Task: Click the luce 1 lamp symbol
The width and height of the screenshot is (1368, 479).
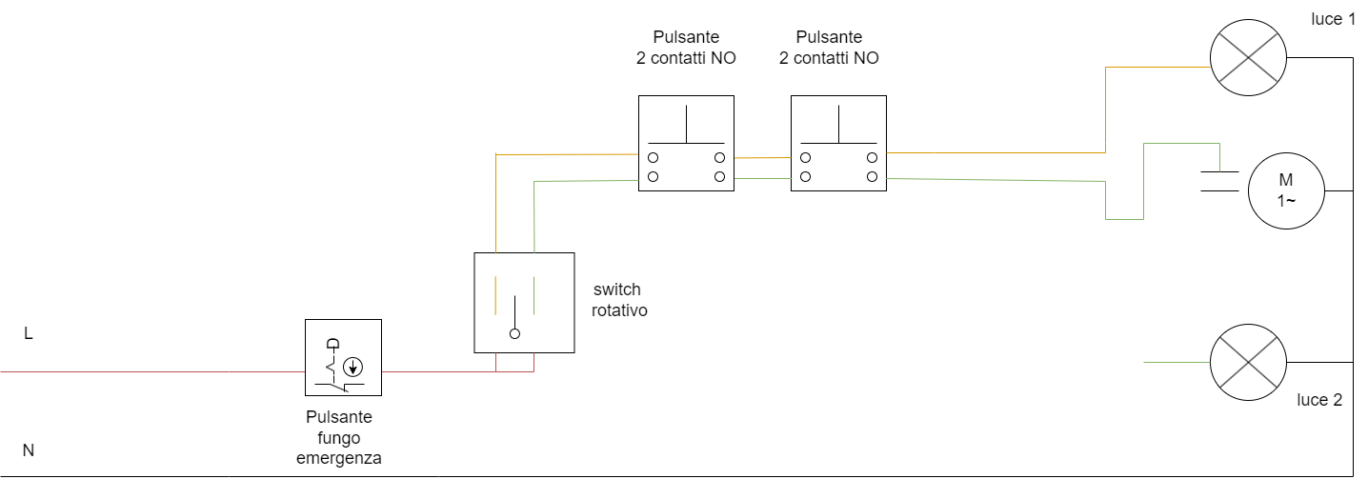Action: pyautogui.click(x=1248, y=57)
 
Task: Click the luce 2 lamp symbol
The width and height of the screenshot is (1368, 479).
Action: pyautogui.click(x=1248, y=363)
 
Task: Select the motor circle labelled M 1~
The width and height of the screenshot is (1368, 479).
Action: pyautogui.click(x=1286, y=190)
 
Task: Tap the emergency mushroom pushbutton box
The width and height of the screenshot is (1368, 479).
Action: pyautogui.click(x=343, y=357)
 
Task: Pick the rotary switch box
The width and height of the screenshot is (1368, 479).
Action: pyautogui.click(x=524, y=303)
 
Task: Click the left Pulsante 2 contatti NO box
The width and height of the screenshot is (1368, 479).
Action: pyautogui.click(x=686, y=143)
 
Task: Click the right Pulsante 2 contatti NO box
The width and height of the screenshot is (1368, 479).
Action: pyautogui.click(x=838, y=143)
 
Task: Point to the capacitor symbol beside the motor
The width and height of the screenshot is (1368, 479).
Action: pyautogui.click(x=1218, y=181)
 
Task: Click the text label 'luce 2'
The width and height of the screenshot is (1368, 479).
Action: pyautogui.click(x=1319, y=400)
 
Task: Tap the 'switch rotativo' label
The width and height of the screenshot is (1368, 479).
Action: pyautogui.click(x=619, y=299)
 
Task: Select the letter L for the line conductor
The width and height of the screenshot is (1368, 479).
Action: pyautogui.click(x=29, y=334)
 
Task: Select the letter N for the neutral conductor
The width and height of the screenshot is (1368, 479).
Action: pyautogui.click(x=29, y=450)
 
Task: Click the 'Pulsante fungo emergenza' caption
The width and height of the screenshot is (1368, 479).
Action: pyautogui.click(x=339, y=437)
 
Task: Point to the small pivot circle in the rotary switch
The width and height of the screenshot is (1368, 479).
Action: pyautogui.click(x=514, y=334)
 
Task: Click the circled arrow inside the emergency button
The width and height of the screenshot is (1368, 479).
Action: pyautogui.click(x=353, y=366)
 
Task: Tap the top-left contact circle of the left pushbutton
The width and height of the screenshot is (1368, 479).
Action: pyautogui.click(x=654, y=157)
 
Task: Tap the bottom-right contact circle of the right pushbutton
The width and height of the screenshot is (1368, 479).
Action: pyautogui.click(x=872, y=177)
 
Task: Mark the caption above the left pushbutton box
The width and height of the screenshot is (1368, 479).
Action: pyautogui.click(x=686, y=48)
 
